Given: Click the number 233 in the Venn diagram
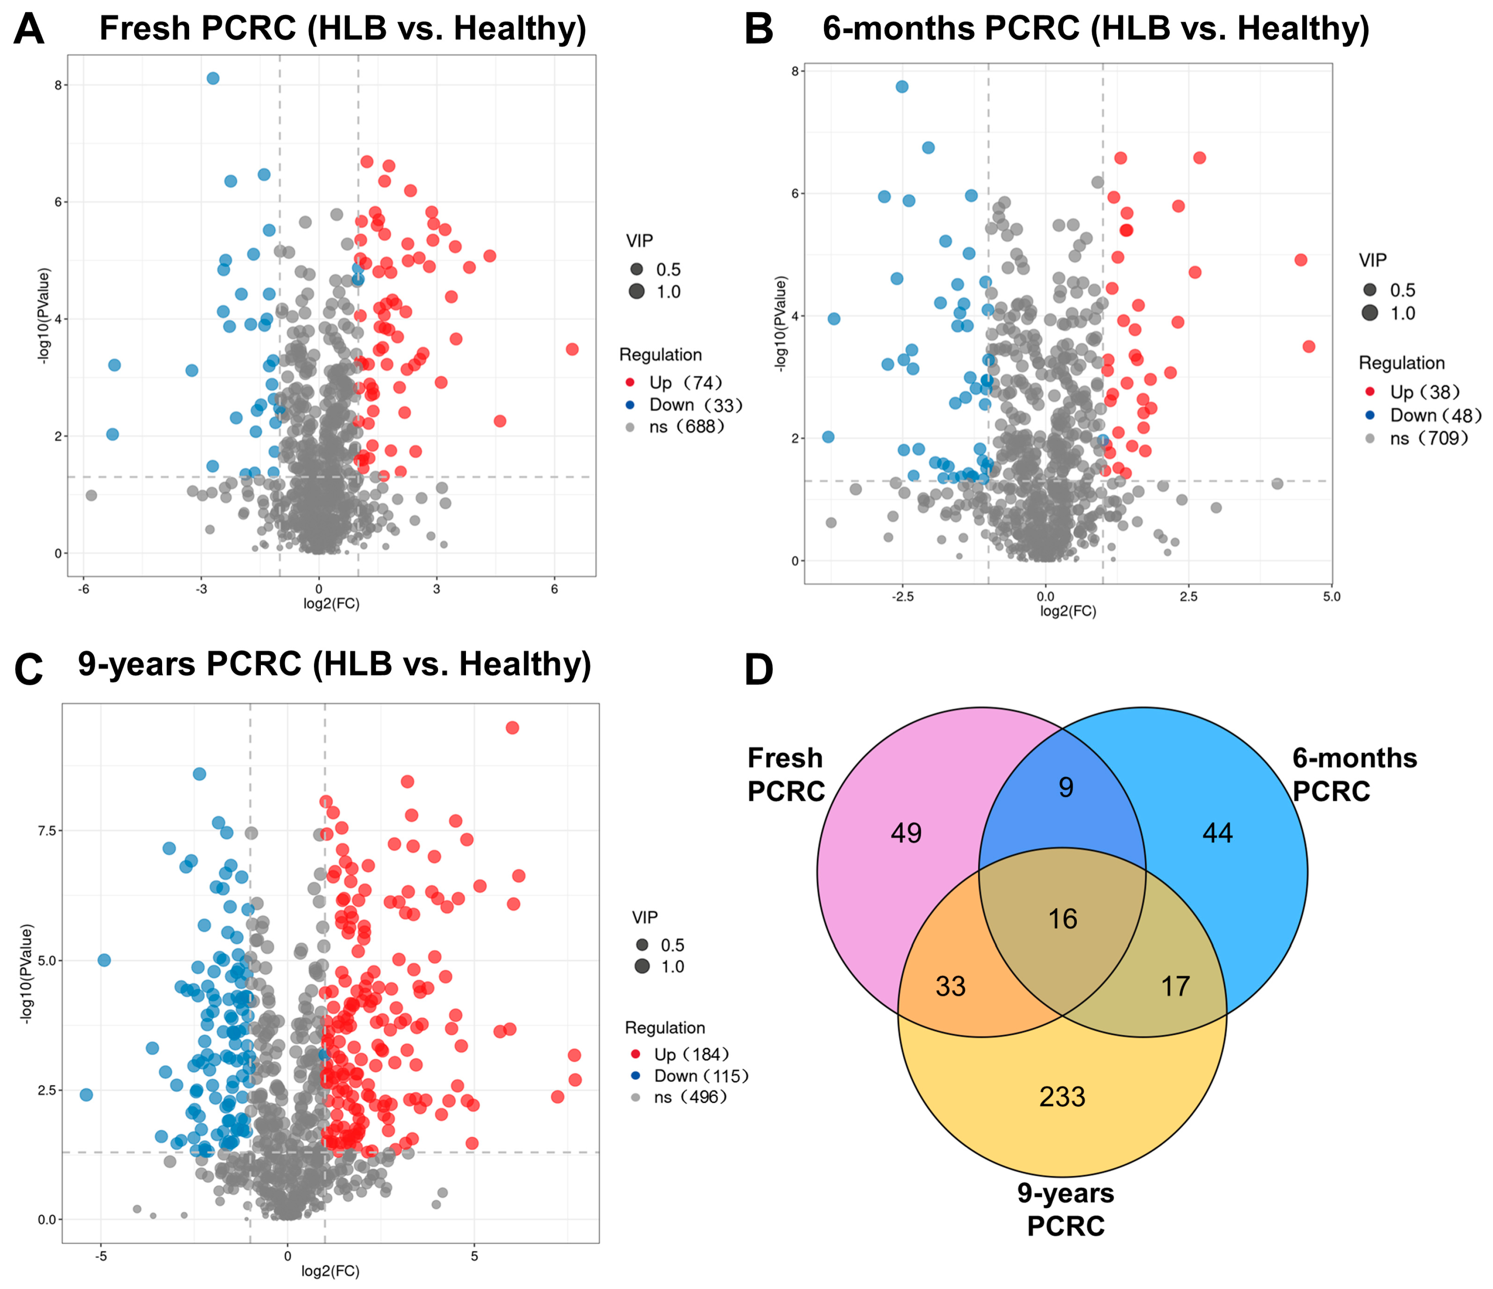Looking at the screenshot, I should point(1062,1097).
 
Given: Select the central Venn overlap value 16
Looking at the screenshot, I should point(1062,919).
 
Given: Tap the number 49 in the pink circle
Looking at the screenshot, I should point(906,833).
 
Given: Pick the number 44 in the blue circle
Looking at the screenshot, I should point(1217,833).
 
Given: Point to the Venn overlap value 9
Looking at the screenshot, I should point(1066,788).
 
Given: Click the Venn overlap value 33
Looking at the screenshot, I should point(950,986).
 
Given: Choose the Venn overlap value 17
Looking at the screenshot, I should point(1175,986).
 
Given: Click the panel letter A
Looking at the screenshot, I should point(29,30).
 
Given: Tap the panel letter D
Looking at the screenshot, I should point(758,670).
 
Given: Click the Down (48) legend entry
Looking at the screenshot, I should point(1434,415).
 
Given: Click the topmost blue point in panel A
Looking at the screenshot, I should point(212,78).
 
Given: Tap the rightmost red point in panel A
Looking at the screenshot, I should point(572,349).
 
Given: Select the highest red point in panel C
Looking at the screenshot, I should point(512,728).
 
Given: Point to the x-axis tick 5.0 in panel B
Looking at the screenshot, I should point(1331,597).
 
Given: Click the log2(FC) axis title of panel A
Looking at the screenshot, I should point(331,604).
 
